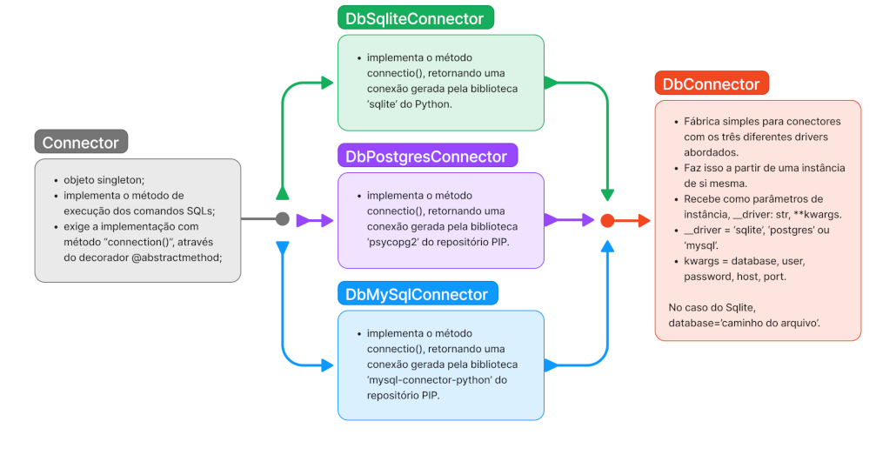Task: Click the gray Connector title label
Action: (x=81, y=143)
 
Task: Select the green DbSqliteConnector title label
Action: (x=415, y=17)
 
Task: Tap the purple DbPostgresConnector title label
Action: (x=426, y=157)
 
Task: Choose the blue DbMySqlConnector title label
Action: (x=417, y=294)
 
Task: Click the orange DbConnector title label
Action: (x=711, y=84)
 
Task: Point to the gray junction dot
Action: (x=282, y=219)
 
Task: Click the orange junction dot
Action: (x=607, y=221)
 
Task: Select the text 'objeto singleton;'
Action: (x=104, y=179)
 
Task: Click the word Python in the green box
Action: (x=433, y=104)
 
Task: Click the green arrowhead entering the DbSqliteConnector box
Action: (x=327, y=83)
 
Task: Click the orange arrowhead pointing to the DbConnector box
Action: (x=644, y=221)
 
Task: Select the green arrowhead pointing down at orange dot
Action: (x=607, y=195)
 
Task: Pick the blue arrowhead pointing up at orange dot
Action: (x=607, y=247)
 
